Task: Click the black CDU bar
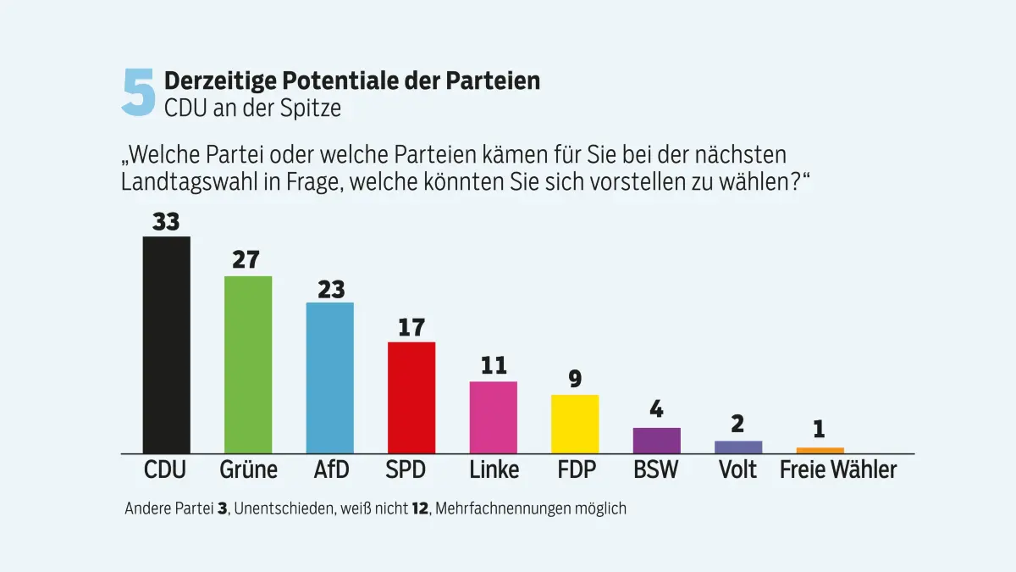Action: (166, 345)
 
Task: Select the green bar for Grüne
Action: (247, 364)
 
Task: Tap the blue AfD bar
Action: (329, 378)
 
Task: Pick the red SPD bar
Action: (411, 397)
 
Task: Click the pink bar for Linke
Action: (494, 418)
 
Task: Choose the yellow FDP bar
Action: (575, 424)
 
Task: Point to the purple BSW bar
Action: (657, 441)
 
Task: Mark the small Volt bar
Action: (738, 447)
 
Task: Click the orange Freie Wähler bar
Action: (820, 450)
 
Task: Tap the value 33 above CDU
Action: (166, 221)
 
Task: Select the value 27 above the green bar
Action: (246, 260)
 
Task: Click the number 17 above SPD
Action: (411, 327)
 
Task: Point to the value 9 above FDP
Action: (575, 379)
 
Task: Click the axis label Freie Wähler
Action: (837, 469)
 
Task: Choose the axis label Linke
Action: (494, 469)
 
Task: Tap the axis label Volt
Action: (737, 469)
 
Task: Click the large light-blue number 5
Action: (139, 92)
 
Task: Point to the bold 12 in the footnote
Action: (419, 508)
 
